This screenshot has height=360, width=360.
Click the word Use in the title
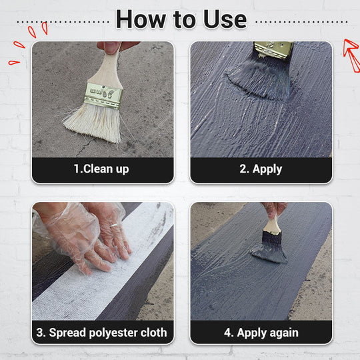(225, 19)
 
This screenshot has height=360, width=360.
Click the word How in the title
(141, 19)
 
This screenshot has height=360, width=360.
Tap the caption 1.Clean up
(101, 169)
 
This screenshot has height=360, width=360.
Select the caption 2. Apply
(261, 169)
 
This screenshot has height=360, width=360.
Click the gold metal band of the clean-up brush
(103, 95)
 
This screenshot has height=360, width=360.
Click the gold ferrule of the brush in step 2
(274, 49)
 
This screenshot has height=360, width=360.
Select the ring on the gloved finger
(114, 226)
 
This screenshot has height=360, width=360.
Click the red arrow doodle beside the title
(351, 55)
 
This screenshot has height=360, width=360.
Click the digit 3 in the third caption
(39, 333)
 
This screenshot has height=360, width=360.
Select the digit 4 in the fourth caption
(227, 333)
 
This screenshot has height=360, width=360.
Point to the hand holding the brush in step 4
(275, 211)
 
